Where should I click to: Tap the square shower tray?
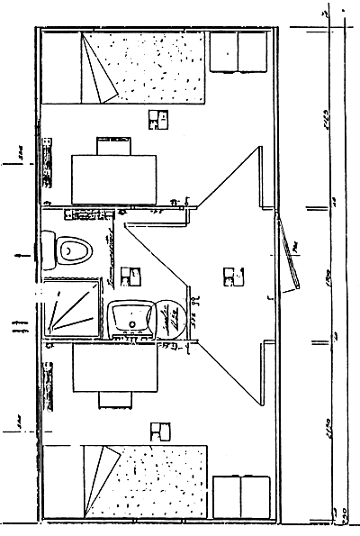[x=69, y=308]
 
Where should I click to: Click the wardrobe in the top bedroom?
[x=238, y=52]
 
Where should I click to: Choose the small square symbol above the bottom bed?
[x=160, y=431]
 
